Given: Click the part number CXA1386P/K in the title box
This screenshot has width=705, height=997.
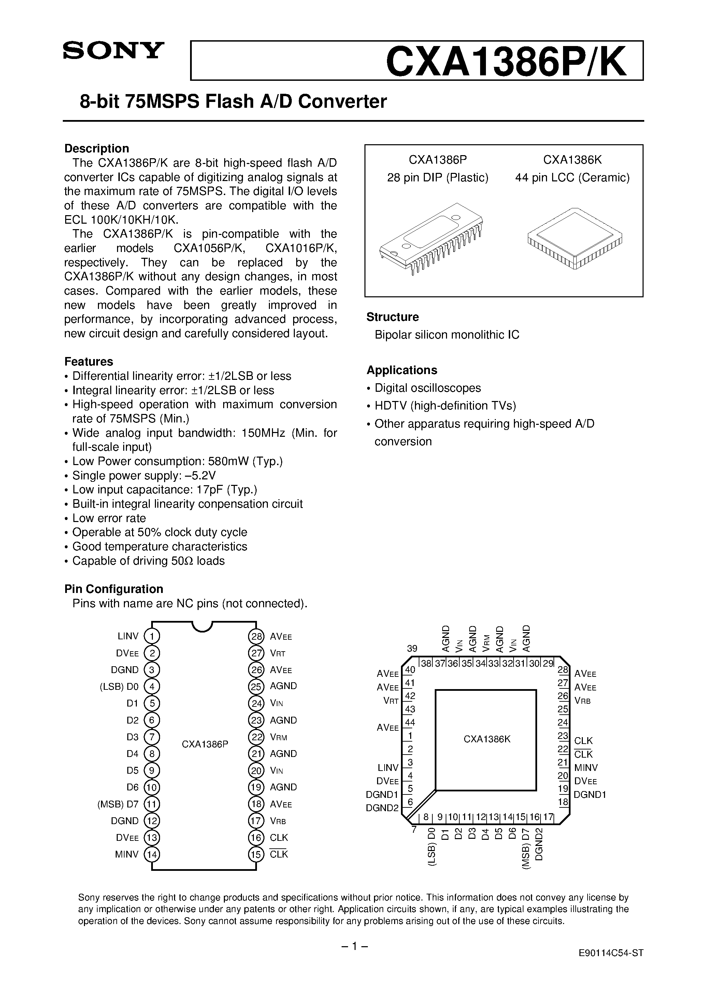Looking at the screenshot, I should coord(506,61).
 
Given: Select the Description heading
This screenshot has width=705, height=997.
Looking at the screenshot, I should coord(97,149).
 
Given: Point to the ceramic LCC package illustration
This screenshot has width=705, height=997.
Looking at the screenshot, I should coord(575,238).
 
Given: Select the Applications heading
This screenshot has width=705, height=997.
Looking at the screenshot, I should coord(402,370).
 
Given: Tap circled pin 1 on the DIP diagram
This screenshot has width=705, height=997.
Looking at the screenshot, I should coord(152,637).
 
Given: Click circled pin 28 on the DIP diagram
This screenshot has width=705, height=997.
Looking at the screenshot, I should coord(256,637).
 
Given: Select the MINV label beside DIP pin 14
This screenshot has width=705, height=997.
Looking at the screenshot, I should coord(127,854).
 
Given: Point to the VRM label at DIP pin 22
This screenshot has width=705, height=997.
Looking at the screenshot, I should coord(278,737).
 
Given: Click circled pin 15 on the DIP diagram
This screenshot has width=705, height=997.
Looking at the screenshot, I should coord(256,854).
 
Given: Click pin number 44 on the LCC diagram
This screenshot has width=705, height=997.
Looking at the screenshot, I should coord(409,722).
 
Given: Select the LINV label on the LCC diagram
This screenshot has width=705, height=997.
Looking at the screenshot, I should coord(388,768).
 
